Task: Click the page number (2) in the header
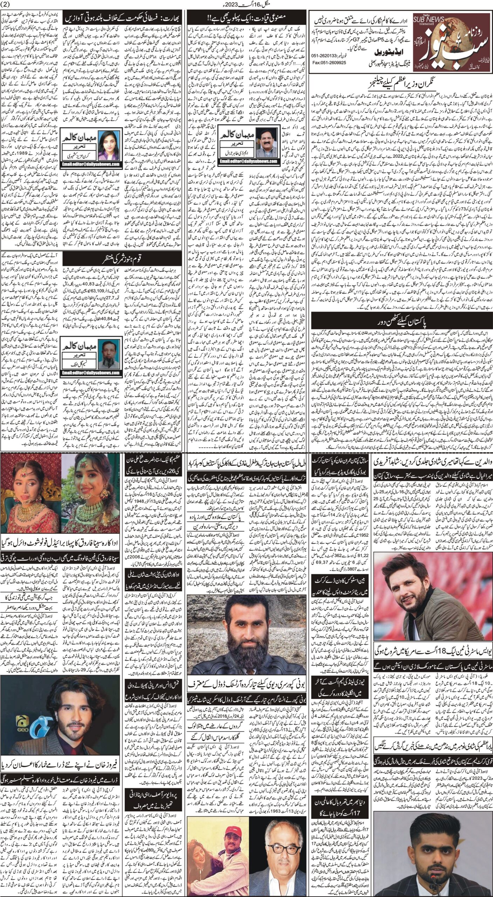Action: (7, 4)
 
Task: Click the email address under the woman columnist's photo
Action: (91, 164)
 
